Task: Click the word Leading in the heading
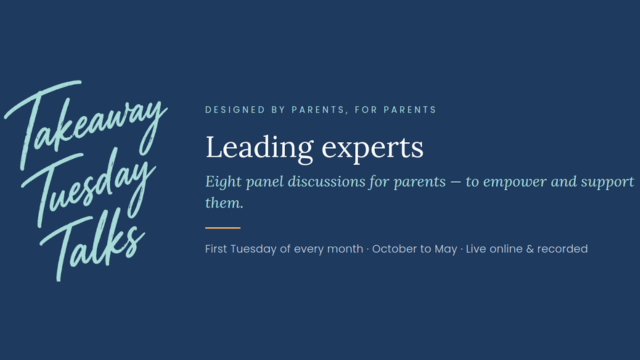(x=260, y=149)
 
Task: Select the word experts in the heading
(x=373, y=149)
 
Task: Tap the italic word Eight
(x=223, y=182)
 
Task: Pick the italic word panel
(x=264, y=182)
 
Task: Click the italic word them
(x=224, y=202)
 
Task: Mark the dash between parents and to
(x=456, y=182)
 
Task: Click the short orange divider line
(x=223, y=228)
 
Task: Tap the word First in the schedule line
(x=216, y=249)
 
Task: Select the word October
(x=391, y=249)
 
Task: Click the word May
(x=446, y=249)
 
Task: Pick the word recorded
(x=562, y=249)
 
